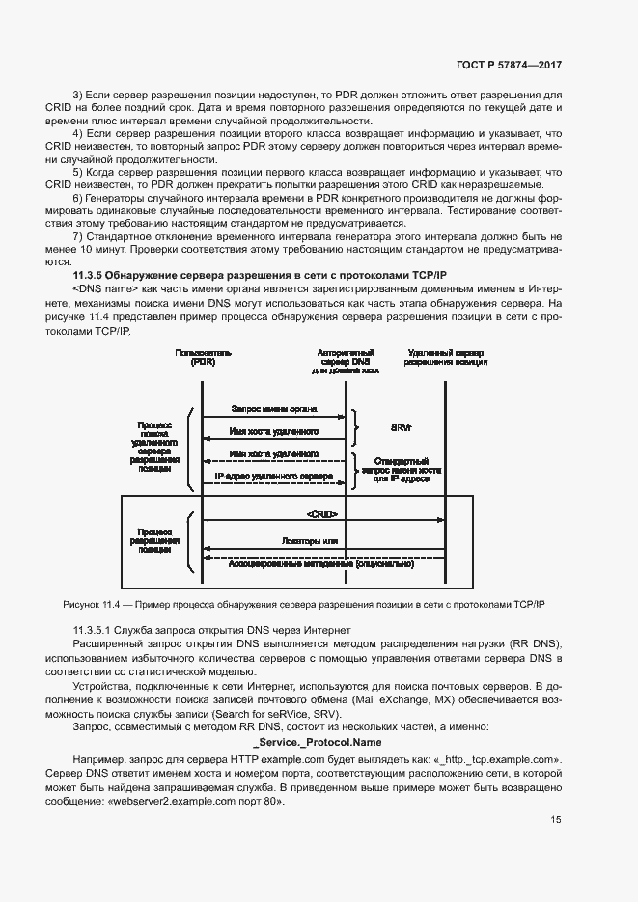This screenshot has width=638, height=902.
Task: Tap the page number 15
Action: coord(556,820)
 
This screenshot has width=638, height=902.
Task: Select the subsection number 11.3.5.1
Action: coord(97,629)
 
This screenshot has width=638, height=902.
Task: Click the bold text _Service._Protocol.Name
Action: coord(319,742)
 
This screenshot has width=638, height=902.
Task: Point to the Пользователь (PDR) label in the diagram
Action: coord(204,359)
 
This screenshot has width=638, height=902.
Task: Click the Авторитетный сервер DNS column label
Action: coord(346,361)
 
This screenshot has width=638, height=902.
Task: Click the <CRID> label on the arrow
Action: coord(322,514)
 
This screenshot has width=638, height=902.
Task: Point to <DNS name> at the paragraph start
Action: coord(104,289)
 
